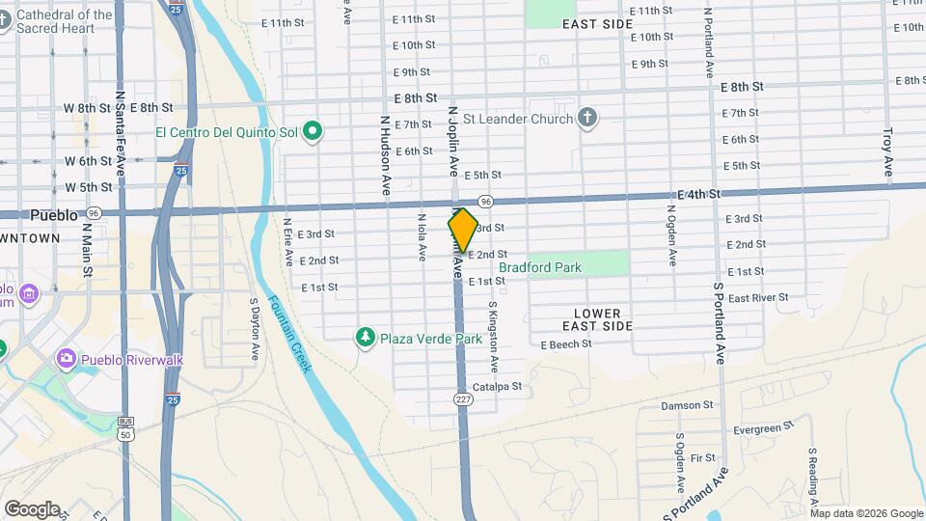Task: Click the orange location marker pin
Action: tap(463, 231)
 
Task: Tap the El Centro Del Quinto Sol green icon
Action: tap(312, 130)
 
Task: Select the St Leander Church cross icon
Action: tap(587, 120)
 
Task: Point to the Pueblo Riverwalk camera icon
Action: tap(66, 359)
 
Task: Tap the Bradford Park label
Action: tap(540, 267)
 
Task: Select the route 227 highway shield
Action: tap(464, 399)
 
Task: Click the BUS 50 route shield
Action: tap(125, 428)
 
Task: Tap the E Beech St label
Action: tap(566, 344)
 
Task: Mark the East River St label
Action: tap(758, 298)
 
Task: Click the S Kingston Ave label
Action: tap(493, 336)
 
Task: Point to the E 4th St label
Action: tap(699, 195)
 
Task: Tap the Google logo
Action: tap(32, 509)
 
